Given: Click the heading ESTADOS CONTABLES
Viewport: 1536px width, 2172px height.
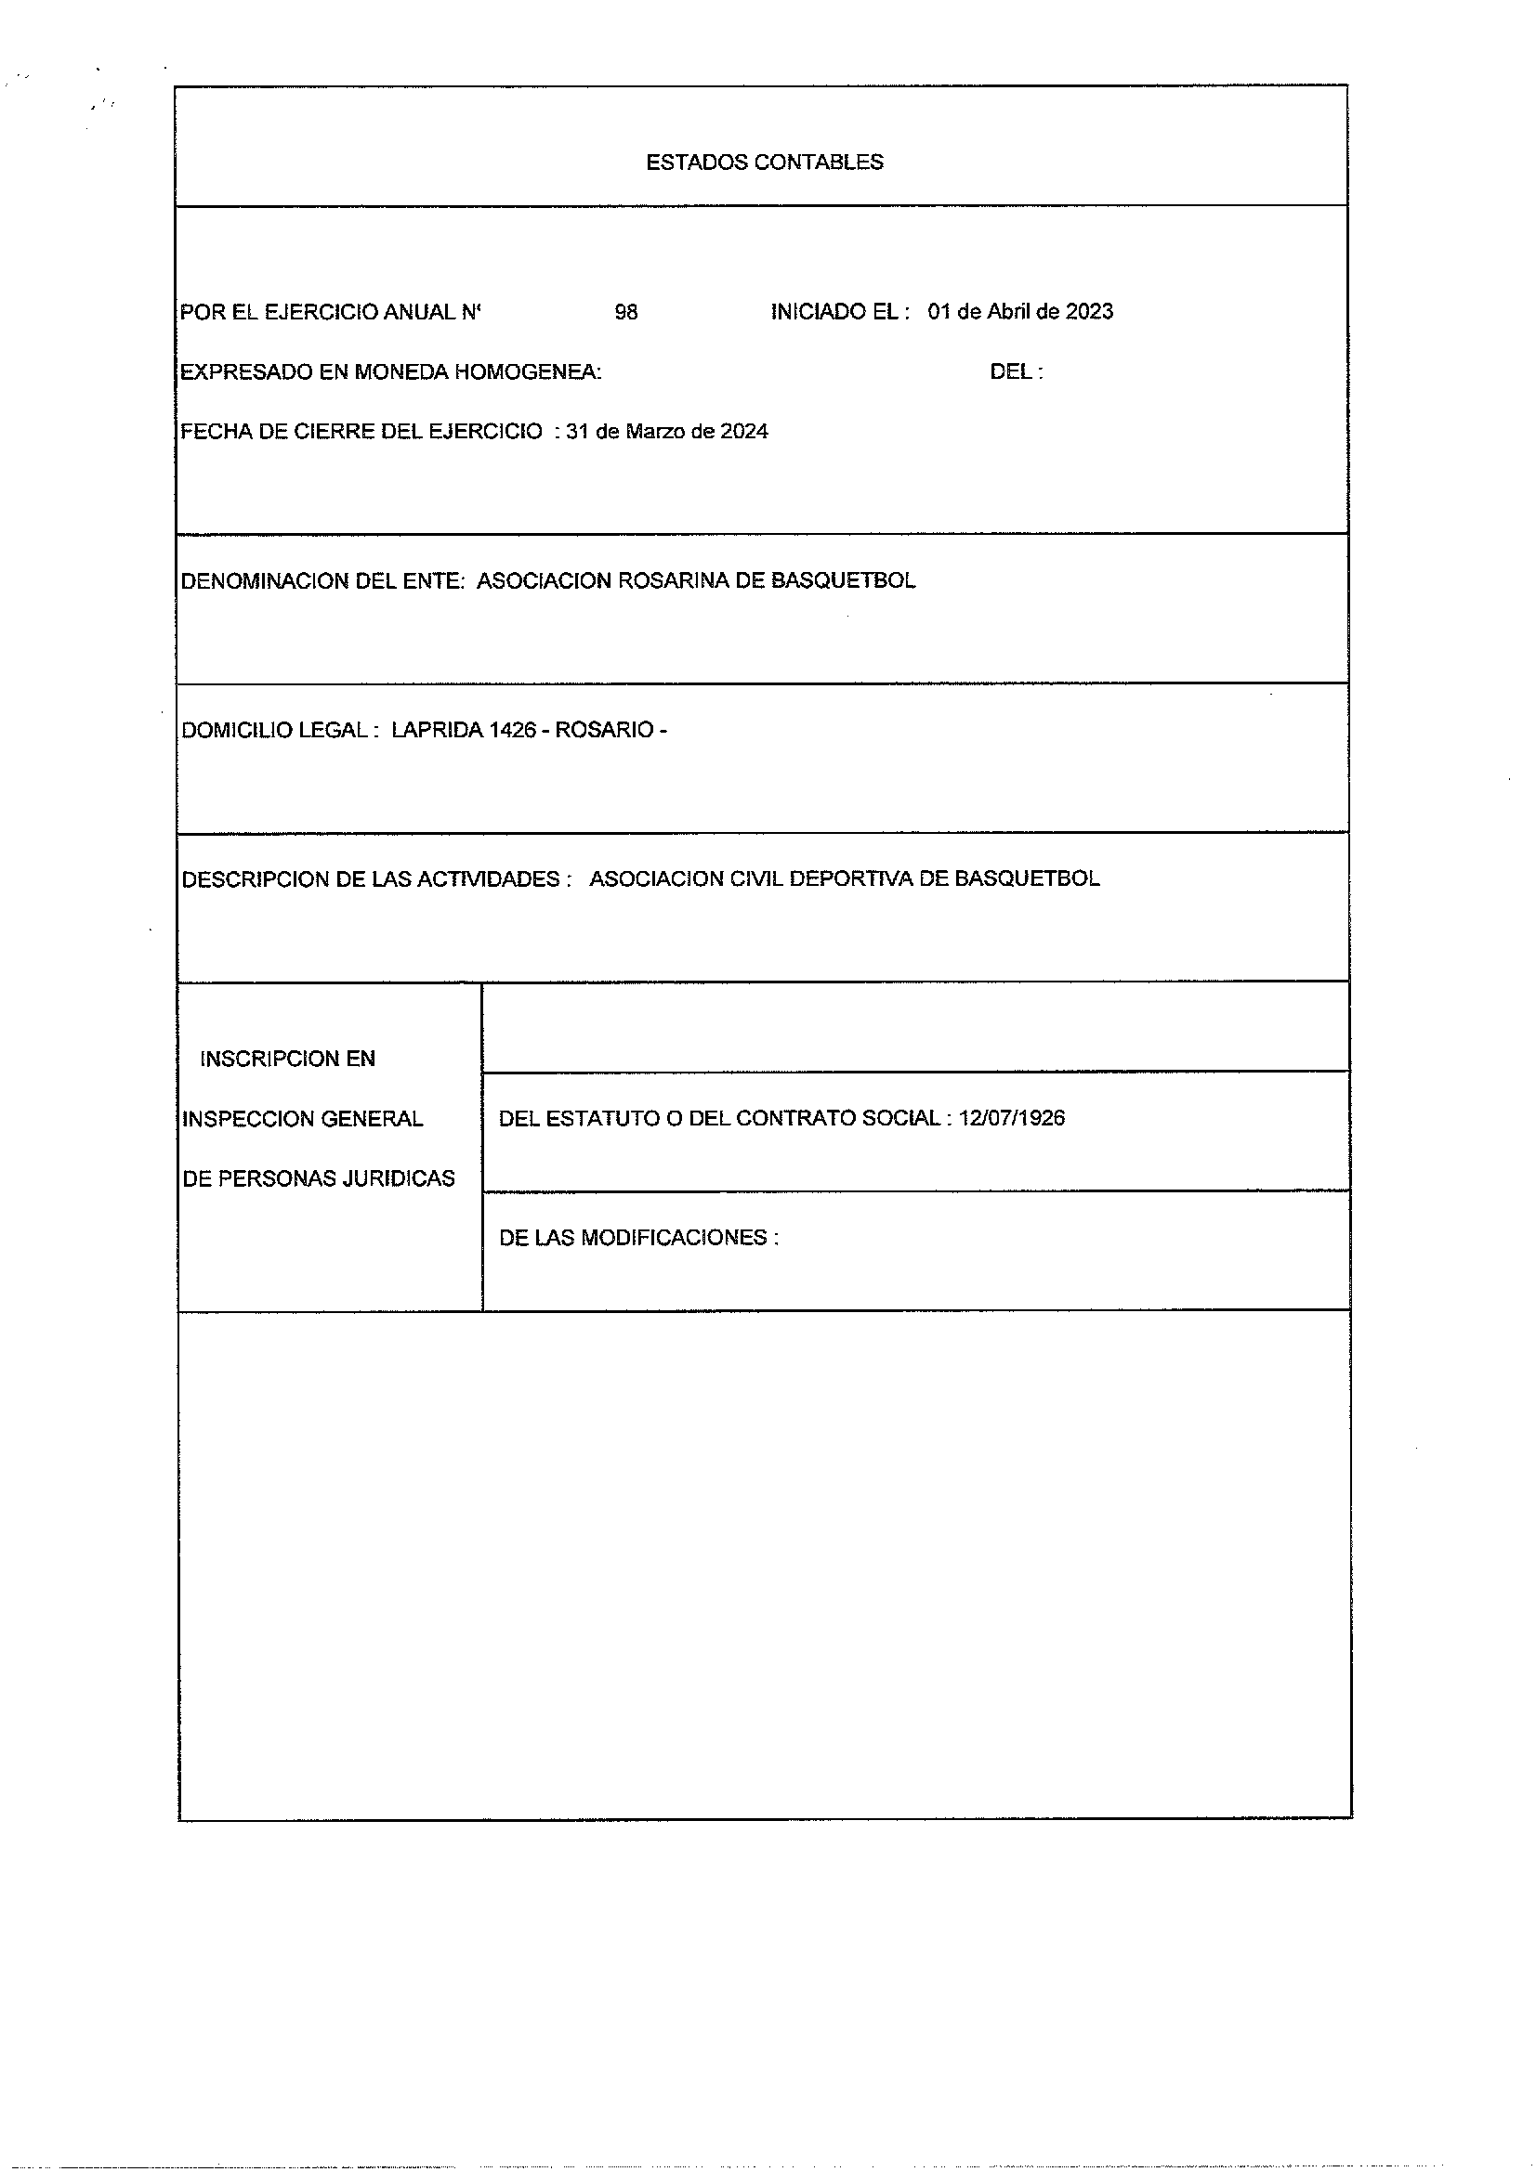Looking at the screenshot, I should [764, 163].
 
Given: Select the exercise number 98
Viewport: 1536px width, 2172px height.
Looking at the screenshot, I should [625, 312].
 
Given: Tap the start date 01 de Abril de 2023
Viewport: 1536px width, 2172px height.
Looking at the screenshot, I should [1019, 312].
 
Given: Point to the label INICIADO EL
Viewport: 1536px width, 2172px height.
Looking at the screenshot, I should [839, 312].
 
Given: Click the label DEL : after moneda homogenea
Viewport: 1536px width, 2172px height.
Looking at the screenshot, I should [1016, 371].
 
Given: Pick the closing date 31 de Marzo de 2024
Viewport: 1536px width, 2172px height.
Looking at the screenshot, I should [666, 432].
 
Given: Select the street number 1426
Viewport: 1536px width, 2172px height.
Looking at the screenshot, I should [512, 730].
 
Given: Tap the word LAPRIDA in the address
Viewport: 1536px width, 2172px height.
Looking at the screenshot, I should [437, 730].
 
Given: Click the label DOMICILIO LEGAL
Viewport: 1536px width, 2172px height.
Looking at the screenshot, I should [280, 730].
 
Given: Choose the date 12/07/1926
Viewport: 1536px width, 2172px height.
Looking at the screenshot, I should [1011, 1118].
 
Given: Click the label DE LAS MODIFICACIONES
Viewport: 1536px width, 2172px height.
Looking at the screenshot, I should [637, 1237].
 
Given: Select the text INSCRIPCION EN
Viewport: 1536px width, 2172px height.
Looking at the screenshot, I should [287, 1059].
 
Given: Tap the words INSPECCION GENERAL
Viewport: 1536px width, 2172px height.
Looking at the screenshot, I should [302, 1119].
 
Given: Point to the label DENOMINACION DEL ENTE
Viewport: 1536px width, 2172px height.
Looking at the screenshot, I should [322, 580].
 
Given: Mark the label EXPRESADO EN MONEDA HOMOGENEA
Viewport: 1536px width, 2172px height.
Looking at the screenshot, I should [390, 371].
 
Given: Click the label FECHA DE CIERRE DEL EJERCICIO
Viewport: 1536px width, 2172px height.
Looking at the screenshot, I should [361, 432].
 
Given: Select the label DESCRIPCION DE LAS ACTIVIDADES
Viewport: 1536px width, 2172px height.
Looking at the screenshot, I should [375, 878].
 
